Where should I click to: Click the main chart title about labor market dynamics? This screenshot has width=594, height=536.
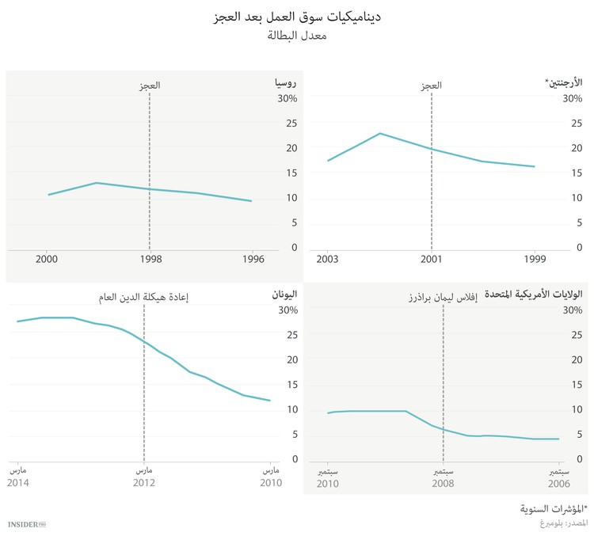coord(297,16)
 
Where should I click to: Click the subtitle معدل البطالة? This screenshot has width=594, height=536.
coord(297,35)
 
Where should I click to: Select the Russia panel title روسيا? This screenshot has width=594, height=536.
coord(285,82)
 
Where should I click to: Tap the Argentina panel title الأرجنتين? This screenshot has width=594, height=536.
coord(563,82)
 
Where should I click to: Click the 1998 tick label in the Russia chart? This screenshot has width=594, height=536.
coord(149,258)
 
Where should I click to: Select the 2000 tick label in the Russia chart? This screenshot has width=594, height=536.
coord(47,258)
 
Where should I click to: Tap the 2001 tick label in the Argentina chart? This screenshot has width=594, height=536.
coord(432,258)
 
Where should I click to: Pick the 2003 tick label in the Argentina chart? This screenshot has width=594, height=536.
coord(327,258)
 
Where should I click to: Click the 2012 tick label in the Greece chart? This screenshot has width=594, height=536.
coord(143,482)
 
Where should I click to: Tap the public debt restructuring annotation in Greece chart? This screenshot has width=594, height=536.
coord(143,298)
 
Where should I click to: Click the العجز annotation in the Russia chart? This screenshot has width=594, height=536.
coord(149,86)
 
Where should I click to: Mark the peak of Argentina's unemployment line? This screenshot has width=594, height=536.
coord(379,133)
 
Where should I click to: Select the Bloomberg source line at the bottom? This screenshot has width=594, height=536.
coord(559,523)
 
